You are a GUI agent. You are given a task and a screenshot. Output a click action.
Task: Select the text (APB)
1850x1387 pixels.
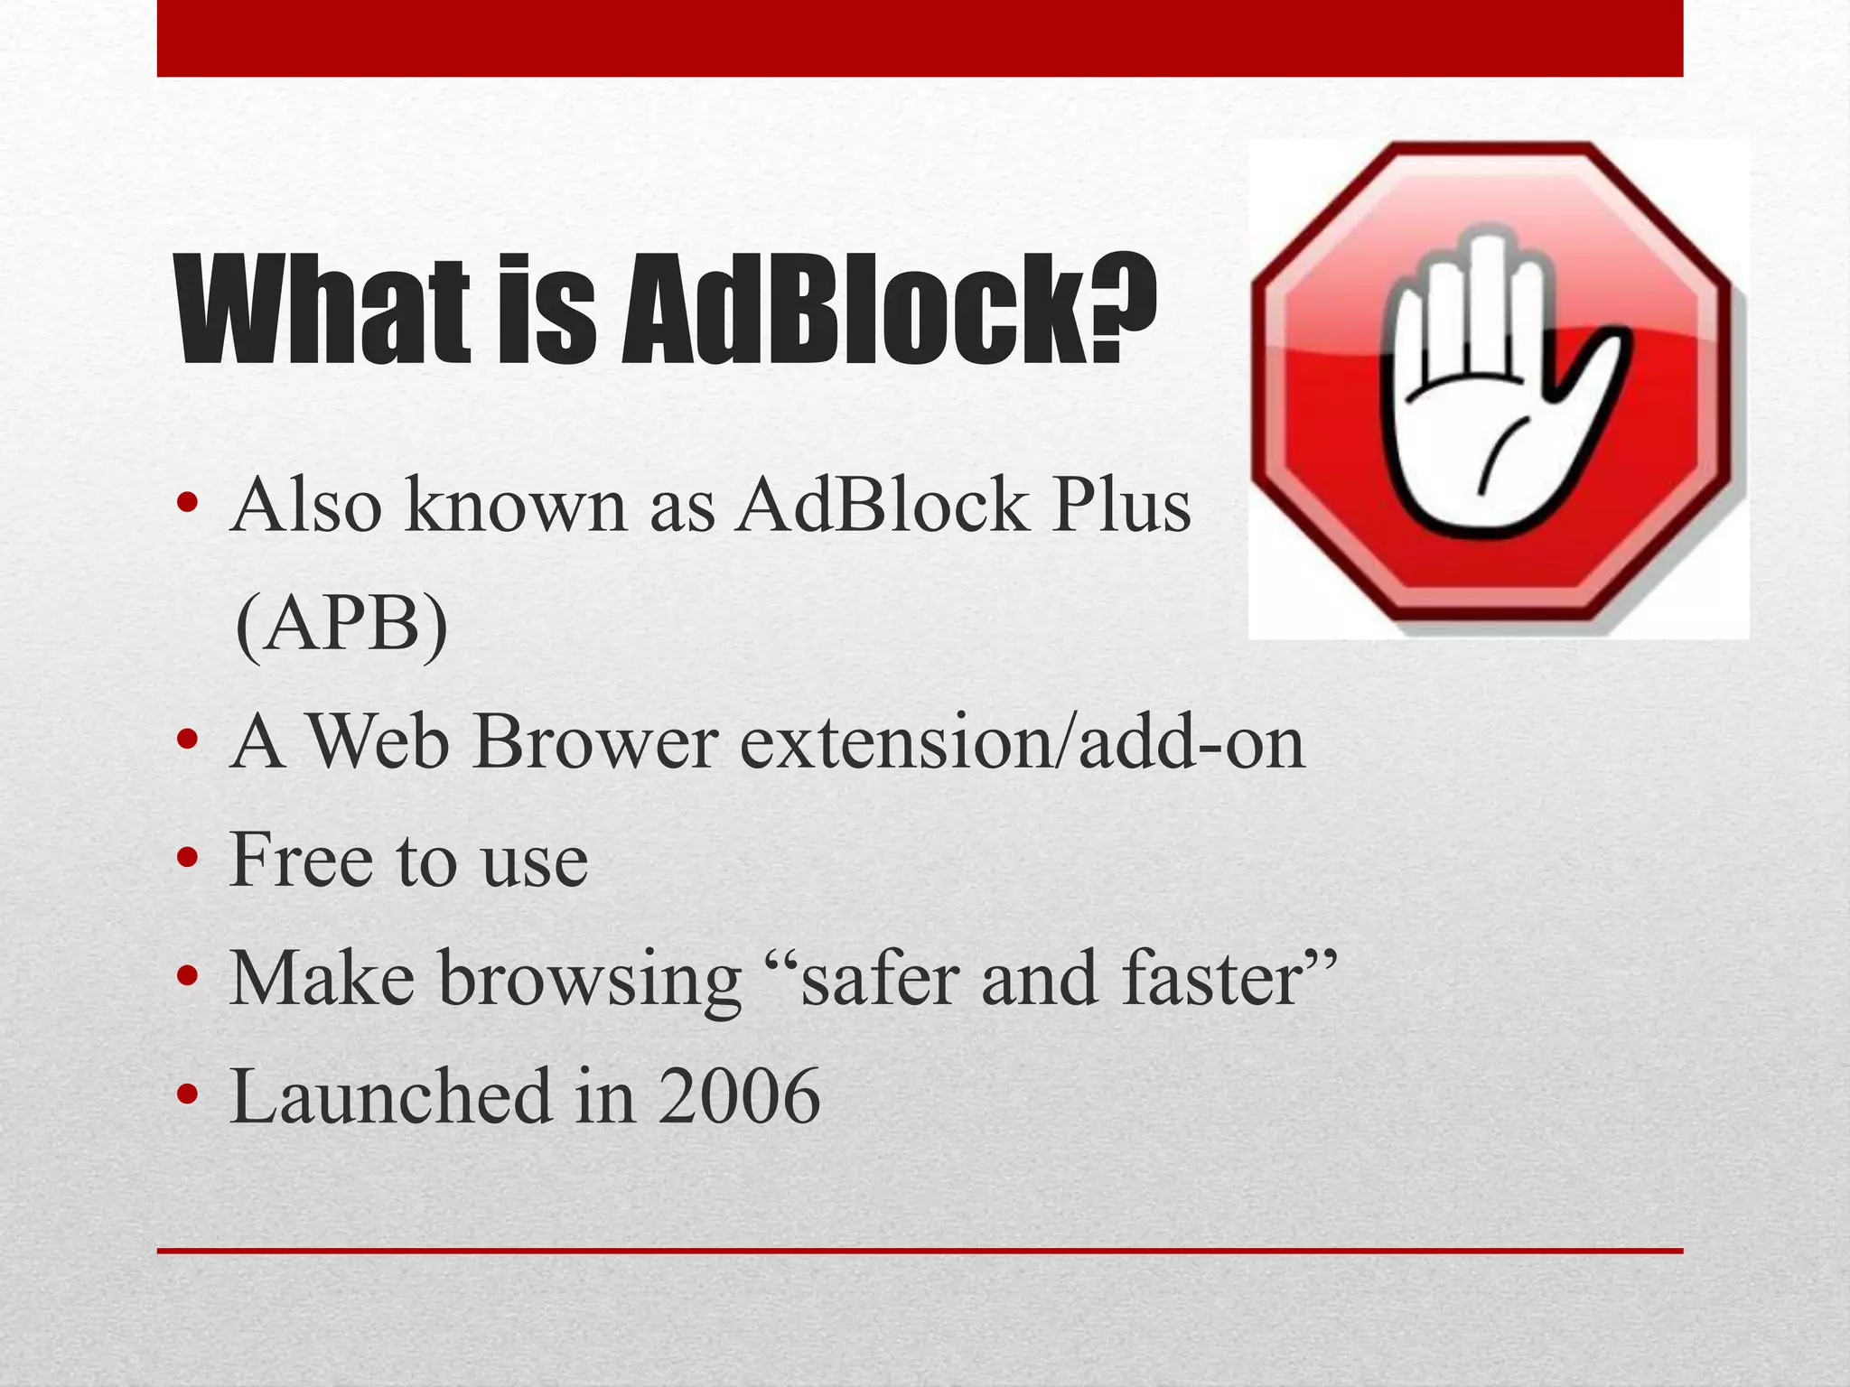(x=341, y=626)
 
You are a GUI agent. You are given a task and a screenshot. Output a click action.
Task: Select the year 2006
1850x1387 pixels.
(x=739, y=1097)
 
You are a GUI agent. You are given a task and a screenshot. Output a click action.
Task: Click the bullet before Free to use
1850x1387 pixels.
(x=187, y=862)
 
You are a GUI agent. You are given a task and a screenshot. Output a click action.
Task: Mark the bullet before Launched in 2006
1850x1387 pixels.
(x=187, y=1098)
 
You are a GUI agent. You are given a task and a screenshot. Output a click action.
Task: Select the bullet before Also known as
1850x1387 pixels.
(x=187, y=506)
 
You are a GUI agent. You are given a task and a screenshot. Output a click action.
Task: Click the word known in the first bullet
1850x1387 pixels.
(x=516, y=506)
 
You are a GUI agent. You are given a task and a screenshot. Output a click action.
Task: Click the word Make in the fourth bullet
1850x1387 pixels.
(x=322, y=979)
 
